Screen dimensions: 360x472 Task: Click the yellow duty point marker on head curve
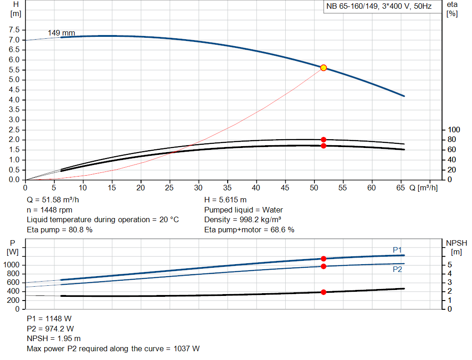click(x=323, y=68)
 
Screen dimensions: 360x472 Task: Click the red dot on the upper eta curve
click(x=323, y=140)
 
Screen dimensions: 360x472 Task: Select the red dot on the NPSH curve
click(x=323, y=292)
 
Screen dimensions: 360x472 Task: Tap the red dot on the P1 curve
click(x=323, y=259)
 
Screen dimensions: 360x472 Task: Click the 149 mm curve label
click(x=61, y=33)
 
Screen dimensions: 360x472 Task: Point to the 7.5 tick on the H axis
click(x=14, y=30)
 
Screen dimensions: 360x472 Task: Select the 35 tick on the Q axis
click(x=227, y=188)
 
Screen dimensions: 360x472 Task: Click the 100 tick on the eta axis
click(x=454, y=130)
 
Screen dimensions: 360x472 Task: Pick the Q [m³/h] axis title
click(x=423, y=188)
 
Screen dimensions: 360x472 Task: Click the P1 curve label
click(x=397, y=250)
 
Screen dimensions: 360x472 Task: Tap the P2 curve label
click(x=397, y=269)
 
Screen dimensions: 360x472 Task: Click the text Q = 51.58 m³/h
click(x=56, y=201)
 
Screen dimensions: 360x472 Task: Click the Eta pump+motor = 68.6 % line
click(x=249, y=230)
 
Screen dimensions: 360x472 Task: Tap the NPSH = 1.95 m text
click(x=54, y=338)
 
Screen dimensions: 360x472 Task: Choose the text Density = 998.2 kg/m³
click(x=244, y=220)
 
